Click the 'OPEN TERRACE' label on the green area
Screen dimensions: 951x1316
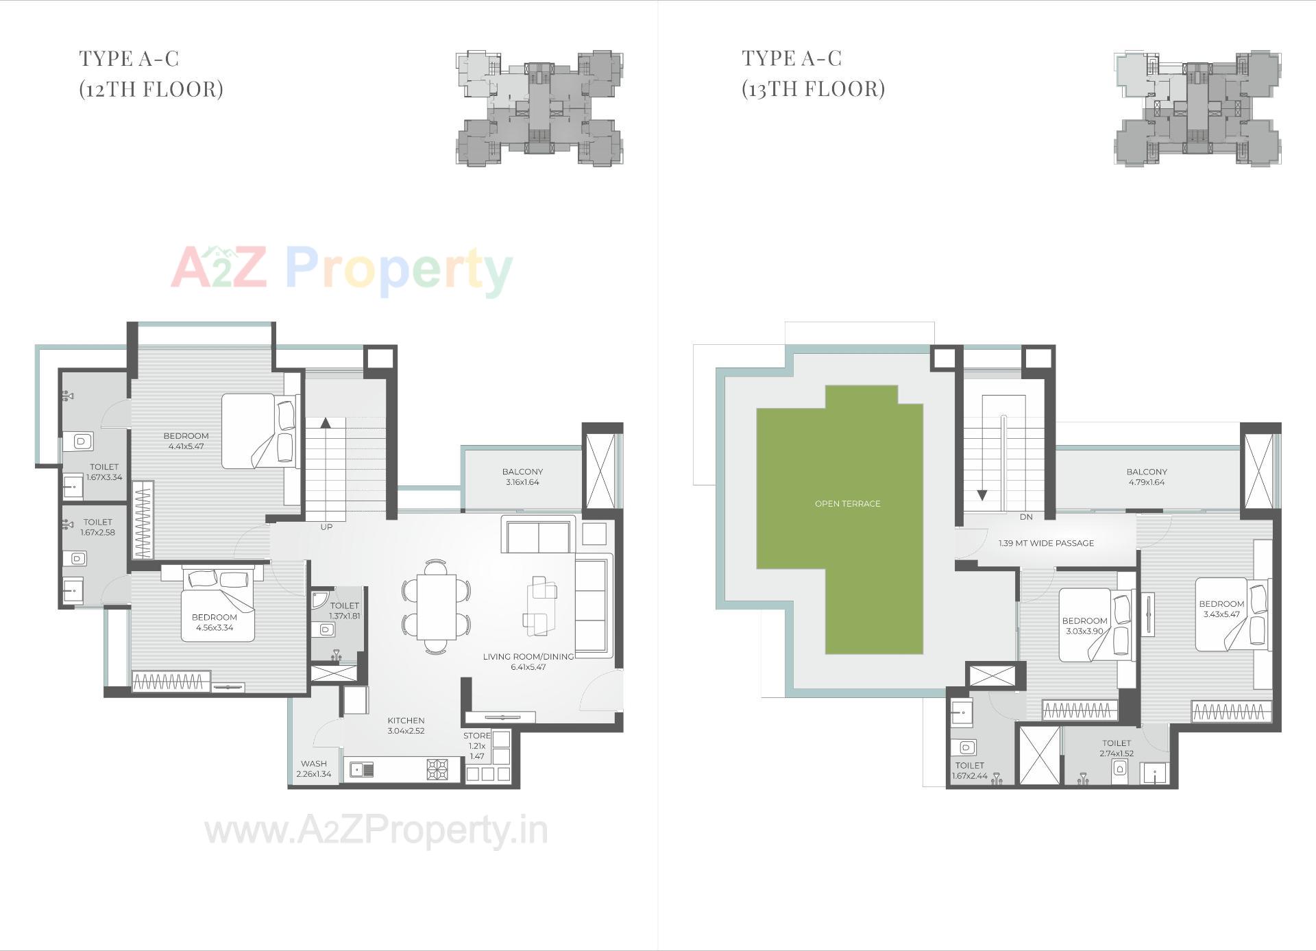[x=847, y=504]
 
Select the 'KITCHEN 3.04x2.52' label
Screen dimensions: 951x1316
[x=406, y=725]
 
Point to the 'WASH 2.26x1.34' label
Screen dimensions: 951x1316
[x=313, y=769]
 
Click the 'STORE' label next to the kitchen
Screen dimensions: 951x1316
[x=477, y=736]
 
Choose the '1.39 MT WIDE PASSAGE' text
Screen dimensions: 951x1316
[x=1046, y=543]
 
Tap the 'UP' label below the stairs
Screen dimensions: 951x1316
[x=326, y=527]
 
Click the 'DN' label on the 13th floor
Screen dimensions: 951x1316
[x=1025, y=517]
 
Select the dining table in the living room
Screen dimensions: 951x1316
[x=436, y=607]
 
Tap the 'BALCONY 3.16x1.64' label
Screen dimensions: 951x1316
[x=522, y=477]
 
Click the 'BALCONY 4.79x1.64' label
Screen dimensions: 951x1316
[x=1146, y=477]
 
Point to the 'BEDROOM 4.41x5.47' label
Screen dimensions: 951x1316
[x=186, y=441]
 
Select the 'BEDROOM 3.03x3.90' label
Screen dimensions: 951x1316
[x=1084, y=626]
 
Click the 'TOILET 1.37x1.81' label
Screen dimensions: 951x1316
[x=344, y=610]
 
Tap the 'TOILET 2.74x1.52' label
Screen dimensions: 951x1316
[x=1117, y=748]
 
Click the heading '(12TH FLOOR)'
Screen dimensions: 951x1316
[x=151, y=89]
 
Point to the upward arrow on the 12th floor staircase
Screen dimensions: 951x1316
[x=326, y=422]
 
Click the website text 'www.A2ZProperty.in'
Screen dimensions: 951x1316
[x=376, y=831]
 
